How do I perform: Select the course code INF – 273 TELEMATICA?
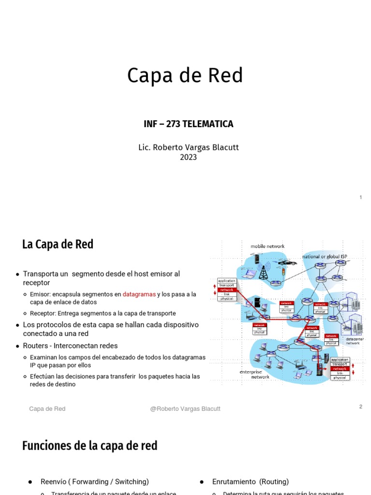188,124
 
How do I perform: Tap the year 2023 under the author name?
188,157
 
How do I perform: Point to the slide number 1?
360,197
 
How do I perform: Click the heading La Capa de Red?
57,245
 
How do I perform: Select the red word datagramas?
139,294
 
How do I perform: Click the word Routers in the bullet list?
37,346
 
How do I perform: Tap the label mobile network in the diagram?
267,246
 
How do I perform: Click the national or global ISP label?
324,256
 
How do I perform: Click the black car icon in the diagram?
287,262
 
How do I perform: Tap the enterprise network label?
255,374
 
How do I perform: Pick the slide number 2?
360,407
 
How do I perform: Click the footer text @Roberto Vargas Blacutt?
185,409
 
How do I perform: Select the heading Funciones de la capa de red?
90,446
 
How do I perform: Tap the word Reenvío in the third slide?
53,481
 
